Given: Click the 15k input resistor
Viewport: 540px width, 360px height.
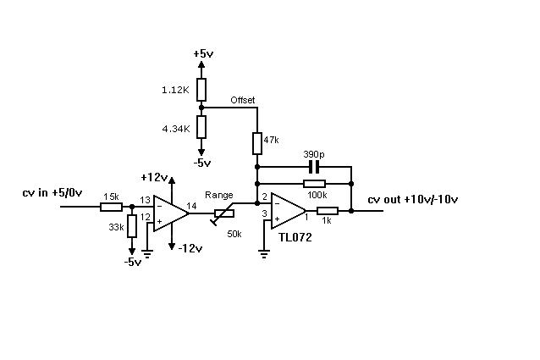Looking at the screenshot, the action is click(x=111, y=207).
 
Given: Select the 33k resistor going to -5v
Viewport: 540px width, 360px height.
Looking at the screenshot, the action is click(x=132, y=226).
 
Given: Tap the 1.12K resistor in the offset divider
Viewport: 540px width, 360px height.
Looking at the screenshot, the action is click(x=201, y=90).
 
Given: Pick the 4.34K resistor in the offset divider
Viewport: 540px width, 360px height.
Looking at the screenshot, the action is click(x=201, y=127).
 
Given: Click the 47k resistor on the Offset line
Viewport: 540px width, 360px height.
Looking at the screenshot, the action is click(x=257, y=143).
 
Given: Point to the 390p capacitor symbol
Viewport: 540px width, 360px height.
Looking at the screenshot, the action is click(x=314, y=167).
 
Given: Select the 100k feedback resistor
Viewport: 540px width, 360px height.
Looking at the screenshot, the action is click(x=314, y=184).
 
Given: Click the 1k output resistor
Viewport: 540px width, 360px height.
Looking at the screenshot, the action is click(x=328, y=211).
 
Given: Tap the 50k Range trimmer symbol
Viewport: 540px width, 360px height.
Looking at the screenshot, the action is click(x=223, y=214).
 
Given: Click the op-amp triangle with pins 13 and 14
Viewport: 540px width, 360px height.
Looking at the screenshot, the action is click(x=170, y=213).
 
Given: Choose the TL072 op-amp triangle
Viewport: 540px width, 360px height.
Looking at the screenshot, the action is click(x=288, y=210).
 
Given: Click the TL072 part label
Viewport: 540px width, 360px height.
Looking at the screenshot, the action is click(x=295, y=237).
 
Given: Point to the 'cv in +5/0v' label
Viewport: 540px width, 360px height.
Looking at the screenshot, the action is click(x=52, y=192).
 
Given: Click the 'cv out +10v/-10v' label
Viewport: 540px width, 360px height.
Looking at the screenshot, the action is click(x=413, y=199).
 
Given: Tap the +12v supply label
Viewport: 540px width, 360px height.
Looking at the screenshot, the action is click(x=154, y=177).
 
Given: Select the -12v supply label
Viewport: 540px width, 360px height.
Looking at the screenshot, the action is click(x=190, y=248).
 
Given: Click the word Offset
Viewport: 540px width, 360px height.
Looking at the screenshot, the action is click(x=242, y=100).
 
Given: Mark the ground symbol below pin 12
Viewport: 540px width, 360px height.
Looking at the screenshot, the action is click(x=148, y=255).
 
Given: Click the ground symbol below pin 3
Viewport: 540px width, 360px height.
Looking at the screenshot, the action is click(x=264, y=255).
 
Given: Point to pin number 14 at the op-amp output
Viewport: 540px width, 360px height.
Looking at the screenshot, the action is click(x=191, y=206).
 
